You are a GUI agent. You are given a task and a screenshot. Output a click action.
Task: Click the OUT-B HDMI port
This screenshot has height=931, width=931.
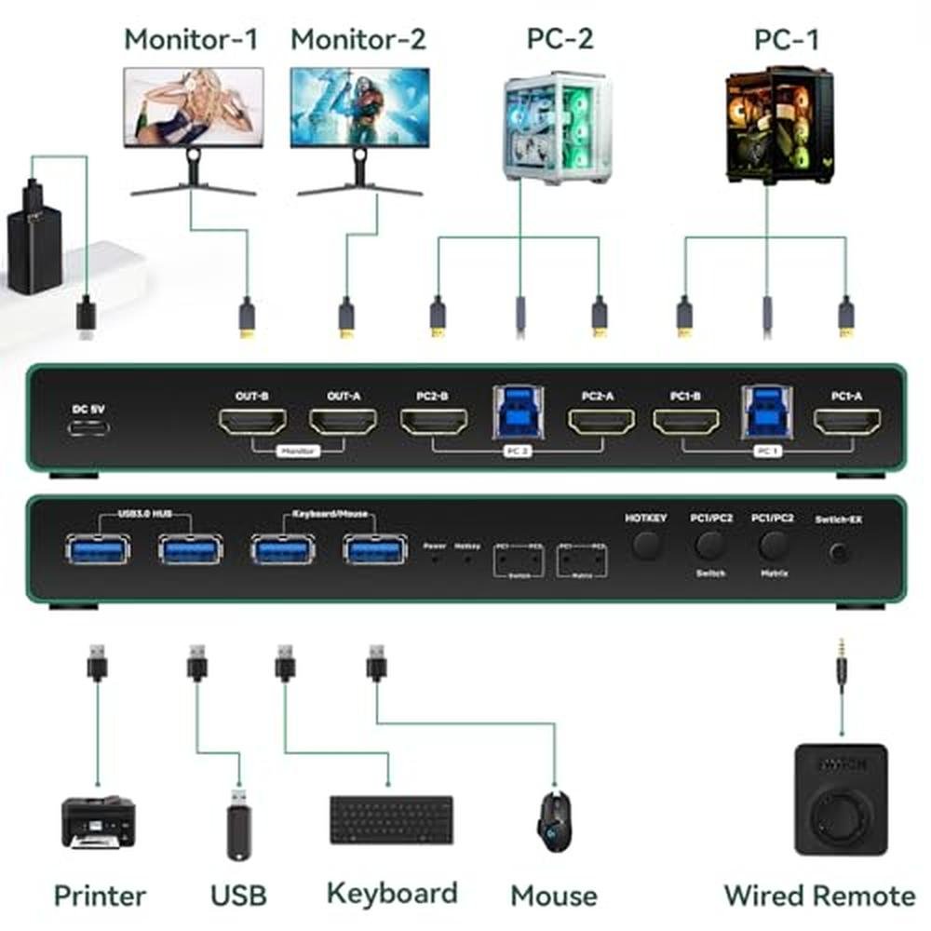[251, 423]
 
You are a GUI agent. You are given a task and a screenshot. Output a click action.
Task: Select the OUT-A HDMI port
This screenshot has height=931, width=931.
[343, 423]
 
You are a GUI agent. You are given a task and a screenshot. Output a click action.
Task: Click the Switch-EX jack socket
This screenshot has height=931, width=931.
[839, 552]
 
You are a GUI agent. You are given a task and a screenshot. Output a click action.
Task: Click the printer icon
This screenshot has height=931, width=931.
[99, 820]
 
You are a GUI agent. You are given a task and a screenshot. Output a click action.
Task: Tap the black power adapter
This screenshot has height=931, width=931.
[34, 237]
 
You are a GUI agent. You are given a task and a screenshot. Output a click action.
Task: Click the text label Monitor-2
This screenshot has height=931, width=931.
[358, 39]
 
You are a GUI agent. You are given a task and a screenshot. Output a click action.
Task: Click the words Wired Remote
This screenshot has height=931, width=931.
[819, 896]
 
